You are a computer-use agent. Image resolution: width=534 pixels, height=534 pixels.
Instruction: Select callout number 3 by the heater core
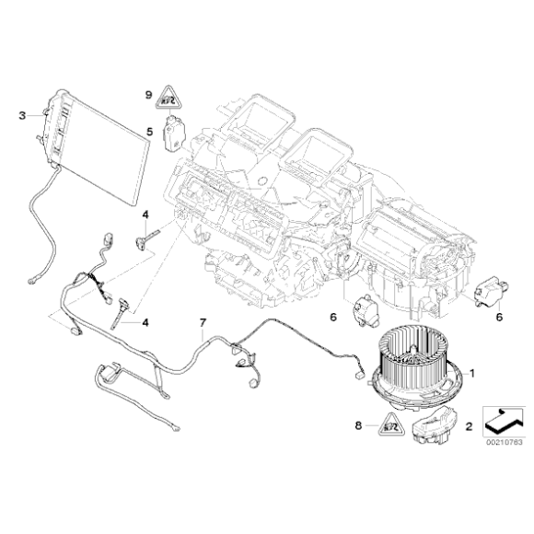pyautogui.click(x=22, y=115)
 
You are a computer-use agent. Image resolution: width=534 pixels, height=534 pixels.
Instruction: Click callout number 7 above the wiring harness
pyautogui.click(x=203, y=323)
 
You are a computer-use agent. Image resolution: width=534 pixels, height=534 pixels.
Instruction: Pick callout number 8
pyautogui.click(x=359, y=426)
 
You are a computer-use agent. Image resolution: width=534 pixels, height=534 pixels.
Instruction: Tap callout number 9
pyautogui.click(x=147, y=93)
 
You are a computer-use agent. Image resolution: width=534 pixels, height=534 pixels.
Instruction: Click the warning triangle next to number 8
pyautogui.click(x=389, y=425)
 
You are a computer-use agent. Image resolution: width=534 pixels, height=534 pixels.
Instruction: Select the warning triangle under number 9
pyautogui.click(x=167, y=94)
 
